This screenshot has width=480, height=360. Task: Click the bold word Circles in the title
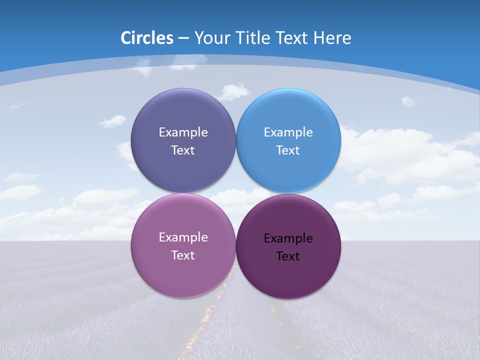click(147, 38)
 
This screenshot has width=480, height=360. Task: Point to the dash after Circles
click(183, 38)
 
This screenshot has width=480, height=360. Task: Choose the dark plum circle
click(288, 275)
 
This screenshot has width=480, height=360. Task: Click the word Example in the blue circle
click(288, 132)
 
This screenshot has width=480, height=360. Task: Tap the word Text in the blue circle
click(288, 150)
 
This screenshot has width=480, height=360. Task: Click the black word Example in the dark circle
click(288, 238)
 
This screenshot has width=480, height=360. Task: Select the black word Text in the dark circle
click(288, 256)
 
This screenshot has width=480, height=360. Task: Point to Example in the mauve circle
click(183, 237)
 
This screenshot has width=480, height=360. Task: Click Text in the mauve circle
click(183, 255)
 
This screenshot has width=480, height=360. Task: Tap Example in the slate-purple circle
click(183, 132)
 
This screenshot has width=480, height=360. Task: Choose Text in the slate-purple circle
click(183, 150)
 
